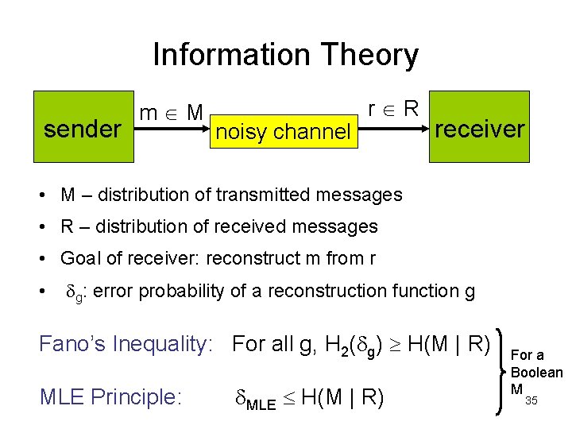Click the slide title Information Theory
[285, 55]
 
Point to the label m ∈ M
[172, 113]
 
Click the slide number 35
[531, 400]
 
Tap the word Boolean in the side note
[536, 372]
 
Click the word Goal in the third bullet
[80, 258]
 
